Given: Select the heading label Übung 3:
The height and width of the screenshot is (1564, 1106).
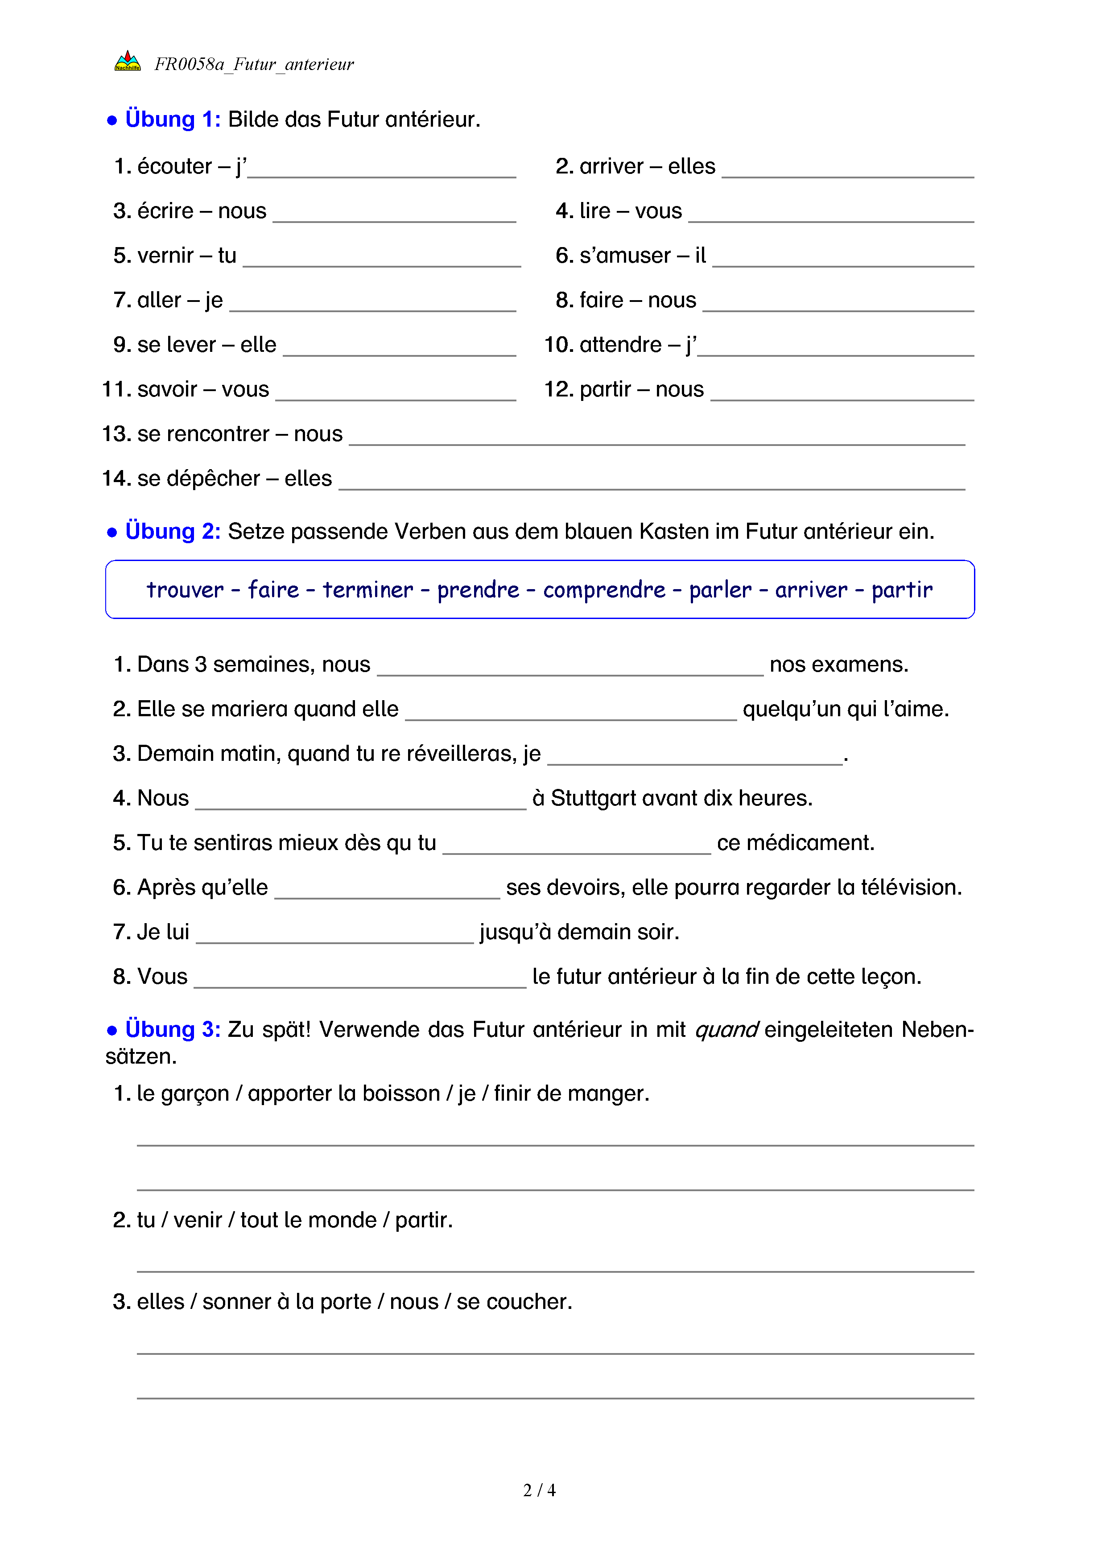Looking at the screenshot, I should (x=172, y=1029).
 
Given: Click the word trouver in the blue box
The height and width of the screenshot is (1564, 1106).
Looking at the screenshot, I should (x=185, y=590).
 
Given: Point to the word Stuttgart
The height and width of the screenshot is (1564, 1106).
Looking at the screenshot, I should (x=592, y=798).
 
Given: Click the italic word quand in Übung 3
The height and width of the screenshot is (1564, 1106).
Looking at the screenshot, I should (x=726, y=1029).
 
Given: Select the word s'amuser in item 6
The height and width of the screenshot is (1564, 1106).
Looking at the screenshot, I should (x=624, y=256).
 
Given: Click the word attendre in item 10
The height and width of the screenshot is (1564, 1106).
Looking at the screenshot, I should (x=620, y=345).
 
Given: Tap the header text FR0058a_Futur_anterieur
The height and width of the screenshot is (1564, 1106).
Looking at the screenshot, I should (x=254, y=64).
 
